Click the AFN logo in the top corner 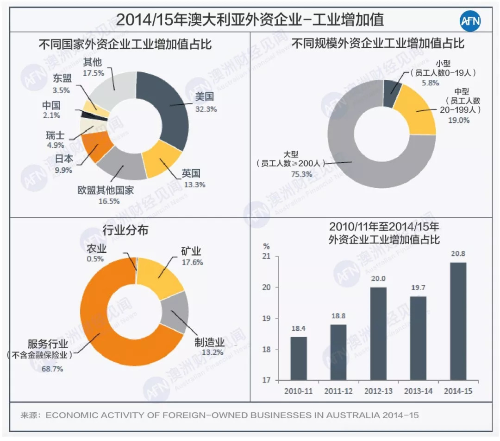coord(471,20)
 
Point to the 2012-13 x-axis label coord(378,391)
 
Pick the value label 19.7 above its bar coord(418,288)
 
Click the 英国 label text coord(191,173)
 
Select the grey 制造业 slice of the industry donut coord(176,311)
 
